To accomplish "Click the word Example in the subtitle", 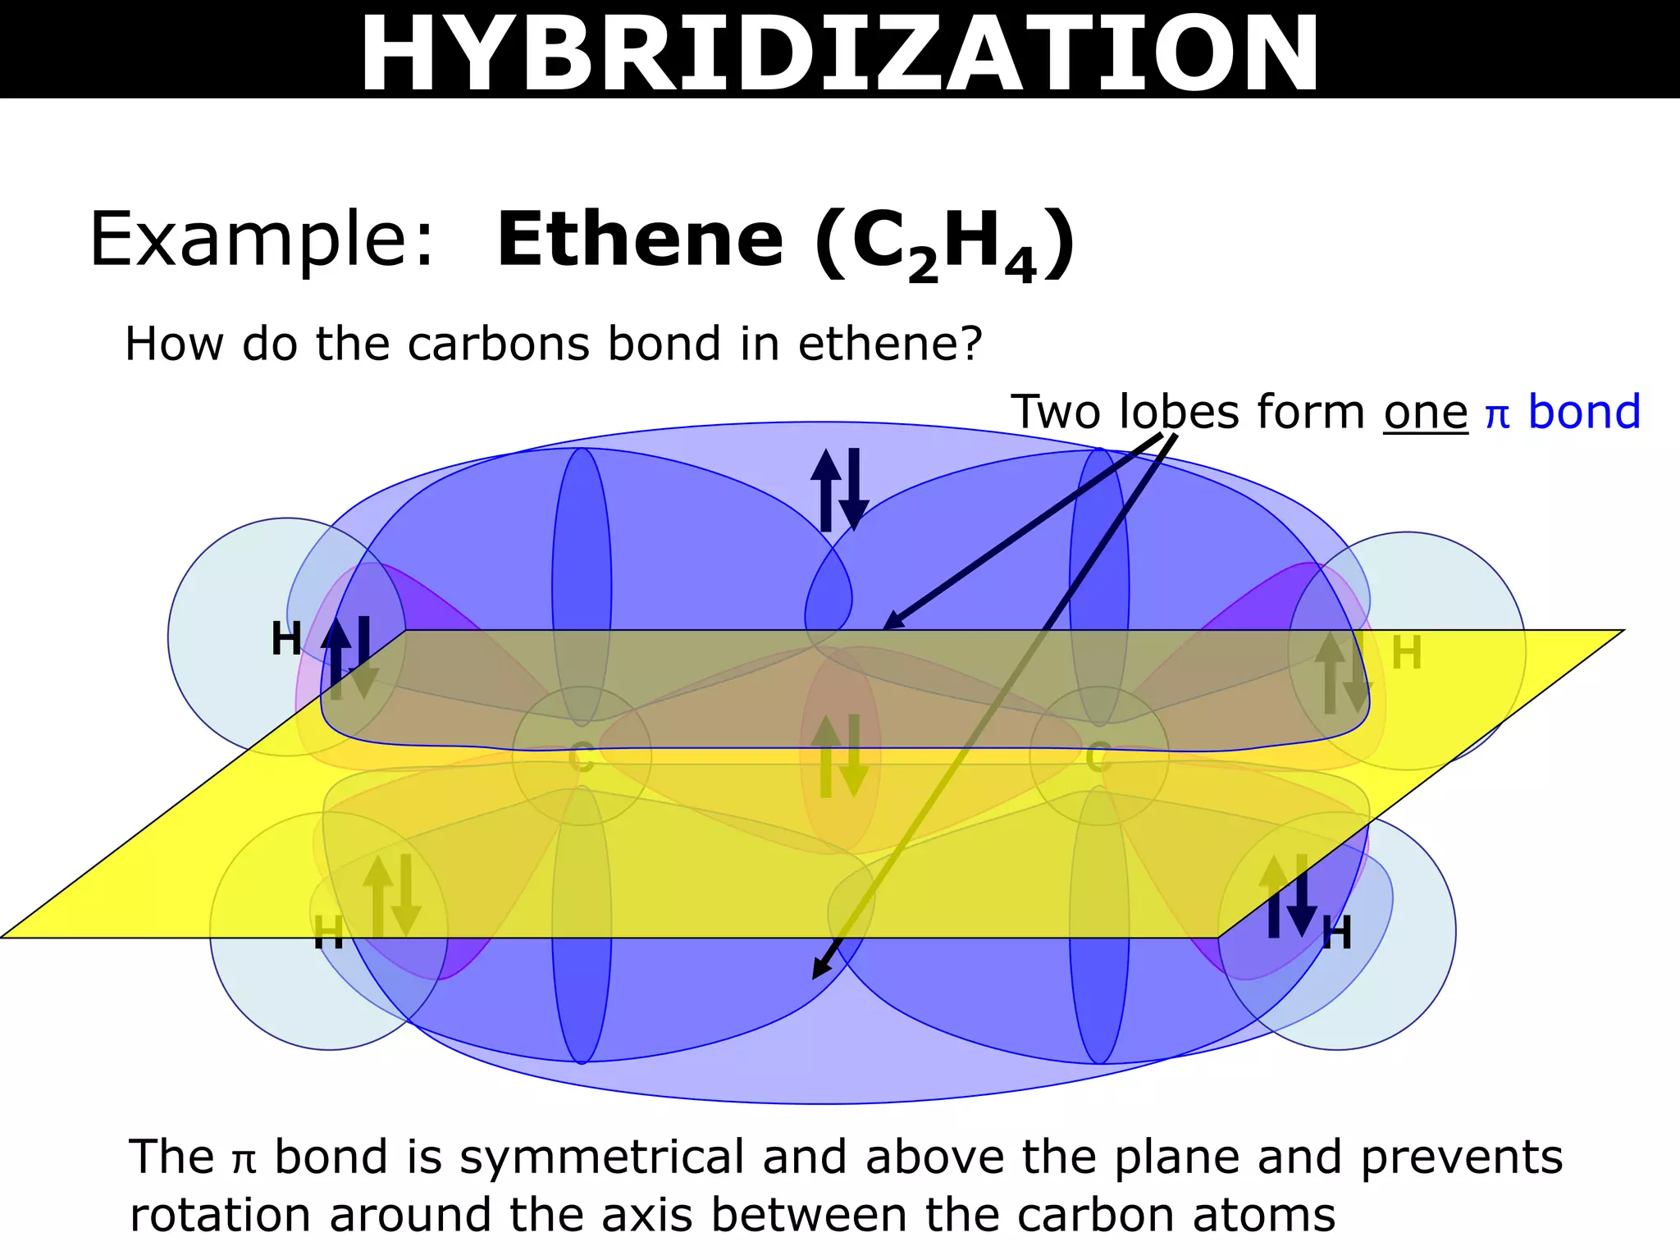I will [x=261, y=240].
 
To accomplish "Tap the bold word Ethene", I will [x=640, y=240].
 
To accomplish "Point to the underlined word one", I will [x=1425, y=413].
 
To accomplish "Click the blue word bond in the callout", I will [x=1584, y=412].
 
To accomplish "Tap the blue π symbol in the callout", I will [x=1497, y=415].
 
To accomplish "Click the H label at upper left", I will [x=286, y=639].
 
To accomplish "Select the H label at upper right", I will [x=1407, y=654].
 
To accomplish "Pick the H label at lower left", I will [x=328, y=934].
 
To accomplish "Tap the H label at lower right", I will [x=1336, y=934].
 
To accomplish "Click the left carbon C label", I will [x=581, y=757].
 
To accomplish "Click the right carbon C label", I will [x=1098, y=757].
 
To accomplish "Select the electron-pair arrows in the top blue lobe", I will [x=839, y=490].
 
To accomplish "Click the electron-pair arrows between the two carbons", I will [x=839, y=756].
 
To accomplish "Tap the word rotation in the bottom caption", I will [x=221, y=1215].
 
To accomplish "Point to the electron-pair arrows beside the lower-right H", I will [x=1287, y=896].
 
